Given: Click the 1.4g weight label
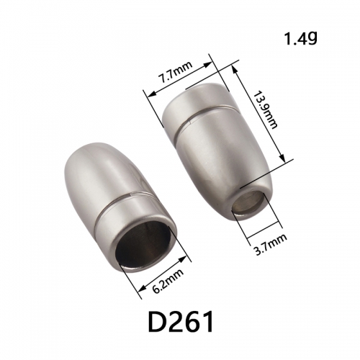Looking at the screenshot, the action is (301, 38).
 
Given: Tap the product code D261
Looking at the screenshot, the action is (181, 321).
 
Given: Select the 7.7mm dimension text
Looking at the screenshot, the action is (176, 72).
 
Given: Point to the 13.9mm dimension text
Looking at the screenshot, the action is (265, 109).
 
